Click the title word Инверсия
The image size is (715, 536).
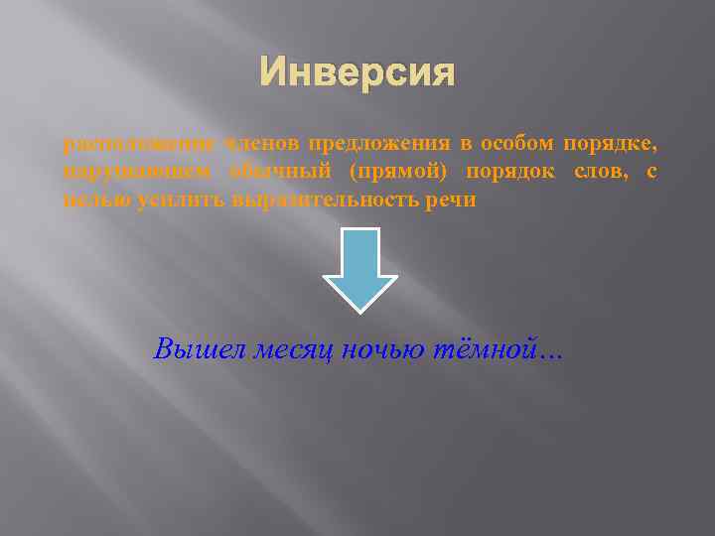pyautogui.click(x=357, y=72)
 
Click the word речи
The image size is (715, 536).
pyautogui.click(x=456, y=201)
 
